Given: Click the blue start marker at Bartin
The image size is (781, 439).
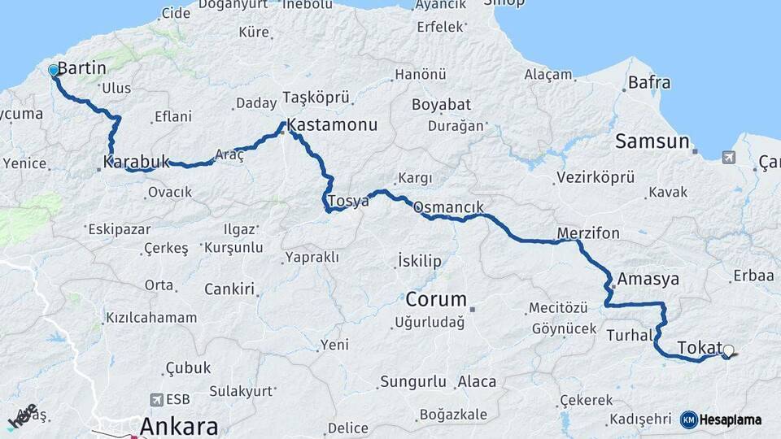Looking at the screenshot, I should [x=54, y=71].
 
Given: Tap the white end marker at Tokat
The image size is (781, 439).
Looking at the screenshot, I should [x=728, y=351].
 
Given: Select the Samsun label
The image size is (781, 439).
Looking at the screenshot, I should [x=652, y=141].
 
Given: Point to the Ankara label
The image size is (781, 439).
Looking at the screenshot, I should [x=179, y=426].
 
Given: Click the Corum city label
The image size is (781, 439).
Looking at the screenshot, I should [x=436, y=298].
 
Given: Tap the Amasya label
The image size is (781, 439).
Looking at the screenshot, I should [x=648, y=279].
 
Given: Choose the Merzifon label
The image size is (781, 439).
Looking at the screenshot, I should [x=588, y=233].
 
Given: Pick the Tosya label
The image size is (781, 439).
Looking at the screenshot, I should [x=348, y=200].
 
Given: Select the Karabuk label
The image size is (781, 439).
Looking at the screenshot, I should [x=137, y=161].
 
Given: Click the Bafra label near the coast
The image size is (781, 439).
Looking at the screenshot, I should [x=649, y=82].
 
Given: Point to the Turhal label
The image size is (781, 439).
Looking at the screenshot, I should [x=630, y=334].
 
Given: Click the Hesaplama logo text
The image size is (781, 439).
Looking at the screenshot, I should [x=730, y=419].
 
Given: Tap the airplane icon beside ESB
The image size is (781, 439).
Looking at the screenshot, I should [x=156, y=400].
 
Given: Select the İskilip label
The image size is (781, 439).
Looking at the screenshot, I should [x=420, y=260].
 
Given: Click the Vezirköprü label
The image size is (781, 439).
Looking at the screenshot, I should [x=594, y=177].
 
